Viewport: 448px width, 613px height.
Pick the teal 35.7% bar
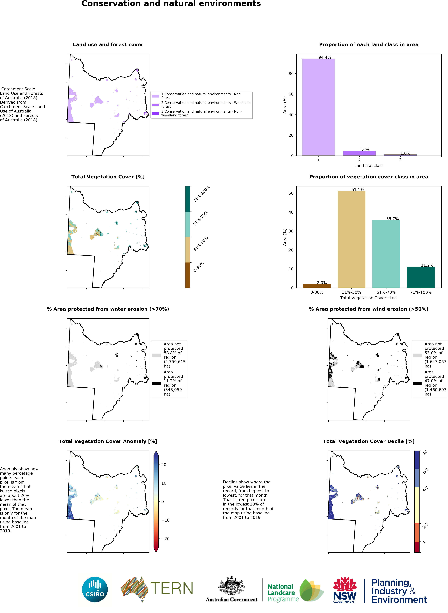point(386,254)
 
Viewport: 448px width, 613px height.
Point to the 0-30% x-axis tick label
point(317,292)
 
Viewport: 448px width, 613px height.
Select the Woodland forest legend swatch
point(155,105)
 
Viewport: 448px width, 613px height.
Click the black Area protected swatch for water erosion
point(156,383)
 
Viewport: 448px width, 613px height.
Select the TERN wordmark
point(171,588)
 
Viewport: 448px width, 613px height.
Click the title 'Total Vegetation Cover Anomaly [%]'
point(108,441)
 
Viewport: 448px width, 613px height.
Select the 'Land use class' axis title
point(369,166)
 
